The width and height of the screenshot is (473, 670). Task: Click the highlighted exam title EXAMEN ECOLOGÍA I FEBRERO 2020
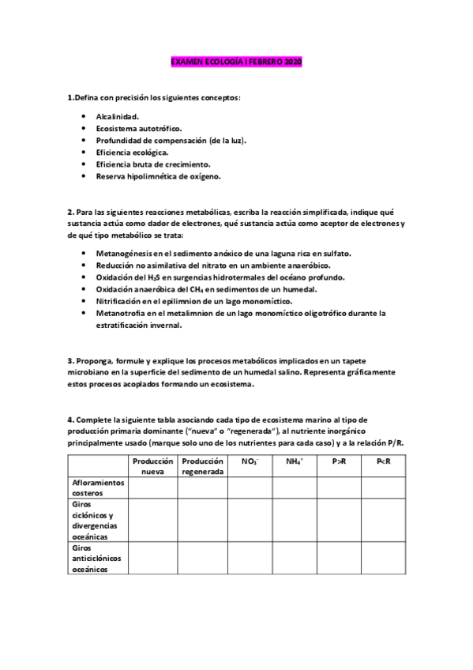click(x=237, y=61)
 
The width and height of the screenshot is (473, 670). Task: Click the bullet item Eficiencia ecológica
click(x=132, y=152)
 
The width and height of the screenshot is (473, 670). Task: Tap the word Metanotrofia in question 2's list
click(x=121, y=313)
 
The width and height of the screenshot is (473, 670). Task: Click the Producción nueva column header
click(x=152, y=466)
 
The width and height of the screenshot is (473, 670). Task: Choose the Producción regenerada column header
click(x=202, y=466)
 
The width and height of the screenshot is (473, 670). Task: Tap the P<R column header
click(x=396, y=461)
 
